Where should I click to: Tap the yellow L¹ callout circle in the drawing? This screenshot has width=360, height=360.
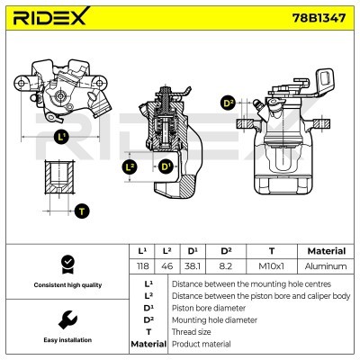[60, 137]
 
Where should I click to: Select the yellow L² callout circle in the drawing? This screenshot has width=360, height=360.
[130, 167]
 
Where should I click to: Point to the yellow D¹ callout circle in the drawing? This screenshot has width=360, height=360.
[166, 167]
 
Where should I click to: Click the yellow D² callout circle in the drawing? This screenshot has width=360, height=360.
[228, 103]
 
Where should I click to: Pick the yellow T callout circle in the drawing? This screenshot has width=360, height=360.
[83, 211]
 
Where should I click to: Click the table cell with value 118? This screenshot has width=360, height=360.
[141, 266]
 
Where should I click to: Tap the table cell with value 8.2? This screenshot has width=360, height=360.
[228, 266]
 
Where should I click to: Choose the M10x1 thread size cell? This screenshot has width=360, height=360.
[272, 266]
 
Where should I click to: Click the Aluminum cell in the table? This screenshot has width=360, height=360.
[326, 266]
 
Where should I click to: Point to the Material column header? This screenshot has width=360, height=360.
[326, 251]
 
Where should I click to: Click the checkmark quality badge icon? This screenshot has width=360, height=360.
[66, 263]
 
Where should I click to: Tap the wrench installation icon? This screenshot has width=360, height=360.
[66, 319]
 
